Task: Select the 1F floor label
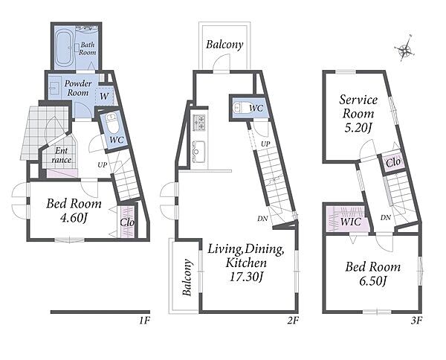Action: click(x=144, y=321)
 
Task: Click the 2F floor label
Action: click(x=293, y=321)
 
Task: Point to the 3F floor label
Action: click(x=416, y=321)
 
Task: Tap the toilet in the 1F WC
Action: click(x=111, y=123)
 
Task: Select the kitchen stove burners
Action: click(x=199, y=123)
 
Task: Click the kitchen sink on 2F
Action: click(x=199, y=152)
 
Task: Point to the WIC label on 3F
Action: click(x=350, y=222)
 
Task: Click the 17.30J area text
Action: click(x=245, y=277)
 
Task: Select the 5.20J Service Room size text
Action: click(x=358, y=128)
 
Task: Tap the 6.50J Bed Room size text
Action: click(x=372, y=281)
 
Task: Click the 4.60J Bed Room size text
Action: click(x=74, y=218)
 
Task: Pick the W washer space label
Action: click(x=104, y=97)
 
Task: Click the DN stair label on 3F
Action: click(x=386, y=218)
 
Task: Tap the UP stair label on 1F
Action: click(x=103, y=165)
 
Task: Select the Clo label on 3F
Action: click(x=393, y=162)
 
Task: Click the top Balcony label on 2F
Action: click(x=224, y=45)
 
